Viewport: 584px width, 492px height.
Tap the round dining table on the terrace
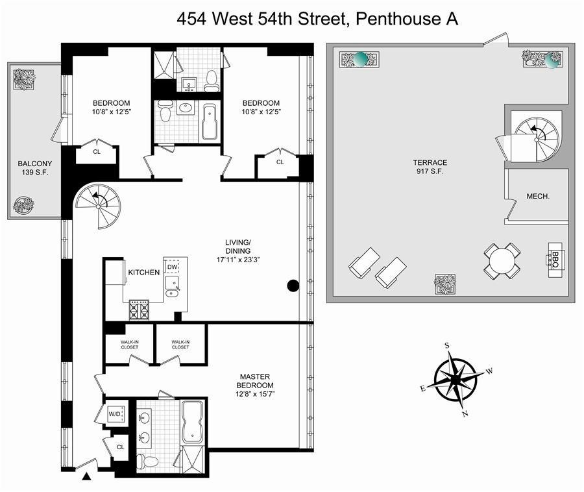(502, 262)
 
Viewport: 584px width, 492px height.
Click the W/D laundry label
(115, 413)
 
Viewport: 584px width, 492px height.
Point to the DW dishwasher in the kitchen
(172, 267)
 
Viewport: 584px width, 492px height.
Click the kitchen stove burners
(139, 310)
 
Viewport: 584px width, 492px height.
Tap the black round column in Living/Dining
(293, 285)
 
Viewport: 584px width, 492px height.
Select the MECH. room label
(539, 196)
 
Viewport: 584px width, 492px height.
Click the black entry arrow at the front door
(86, 478)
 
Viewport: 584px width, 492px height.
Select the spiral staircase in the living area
(98, 206)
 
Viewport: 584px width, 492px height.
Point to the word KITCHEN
(143, 272)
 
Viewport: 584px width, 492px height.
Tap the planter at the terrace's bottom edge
(444, 284)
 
